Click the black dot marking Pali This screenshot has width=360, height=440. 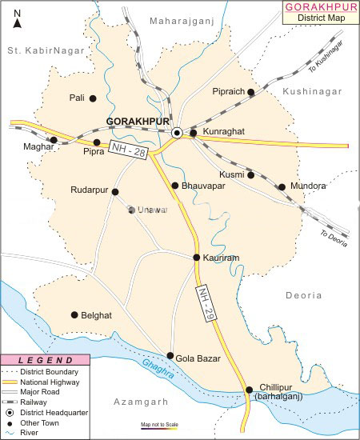click(x=93, y=98)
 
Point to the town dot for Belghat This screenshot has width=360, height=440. click(x=74, y=315)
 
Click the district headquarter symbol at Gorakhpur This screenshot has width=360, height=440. click(x=177, y=133)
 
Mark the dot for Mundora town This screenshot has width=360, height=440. click(x=282, y=187)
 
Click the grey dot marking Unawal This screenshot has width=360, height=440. click(x=132, y=210)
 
